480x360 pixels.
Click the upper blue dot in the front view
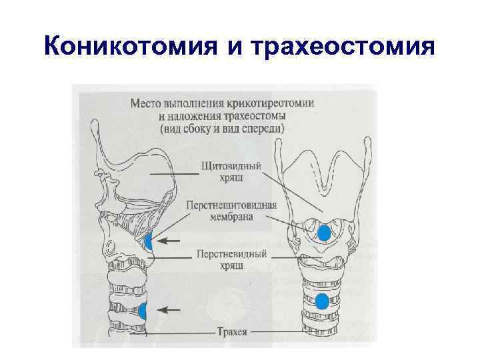click(324, 233)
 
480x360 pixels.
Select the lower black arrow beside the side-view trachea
click(169, 309)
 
